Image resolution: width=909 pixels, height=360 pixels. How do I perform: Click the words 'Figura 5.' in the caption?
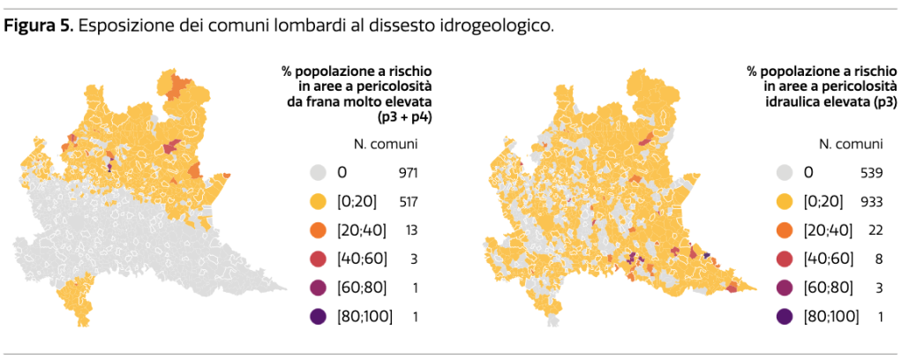click(39, 26)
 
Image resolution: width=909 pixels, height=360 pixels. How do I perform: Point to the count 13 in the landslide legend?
click(409, 230)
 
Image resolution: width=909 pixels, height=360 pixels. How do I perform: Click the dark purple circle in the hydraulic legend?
click(785, 316)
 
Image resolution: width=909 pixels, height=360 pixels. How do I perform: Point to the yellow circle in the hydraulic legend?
click(785, 202)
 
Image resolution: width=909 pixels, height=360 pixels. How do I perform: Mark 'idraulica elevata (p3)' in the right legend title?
click(829, 101)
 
